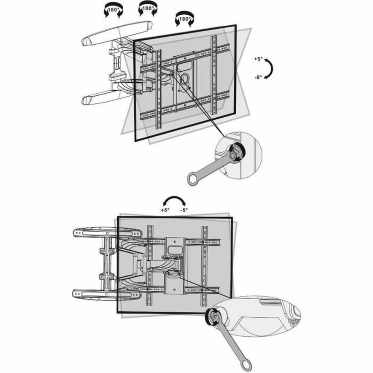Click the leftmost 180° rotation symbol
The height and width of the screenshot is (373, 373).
click(113, 11)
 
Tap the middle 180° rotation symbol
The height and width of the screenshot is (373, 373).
click(148, 9)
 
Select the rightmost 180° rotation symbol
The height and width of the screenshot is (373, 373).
click(184, 19)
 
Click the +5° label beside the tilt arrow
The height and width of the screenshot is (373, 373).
click(258, 59)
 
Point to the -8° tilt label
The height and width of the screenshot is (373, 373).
click(258, 77)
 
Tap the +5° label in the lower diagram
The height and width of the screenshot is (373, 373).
click(165, 210)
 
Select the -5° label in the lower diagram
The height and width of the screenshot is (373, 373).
click(184, 210)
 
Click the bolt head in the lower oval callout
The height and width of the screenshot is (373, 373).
click(213, 317)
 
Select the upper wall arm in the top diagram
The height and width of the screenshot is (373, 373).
click(117, 33)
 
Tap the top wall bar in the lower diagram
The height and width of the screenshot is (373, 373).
click(107, 232)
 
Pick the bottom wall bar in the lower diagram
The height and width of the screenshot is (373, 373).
click(106, 294)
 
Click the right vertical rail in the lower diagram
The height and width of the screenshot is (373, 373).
click(204, 266)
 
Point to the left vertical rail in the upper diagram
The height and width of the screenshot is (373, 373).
click(158, 89)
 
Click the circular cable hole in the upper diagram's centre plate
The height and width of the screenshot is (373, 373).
click(184, 78)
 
